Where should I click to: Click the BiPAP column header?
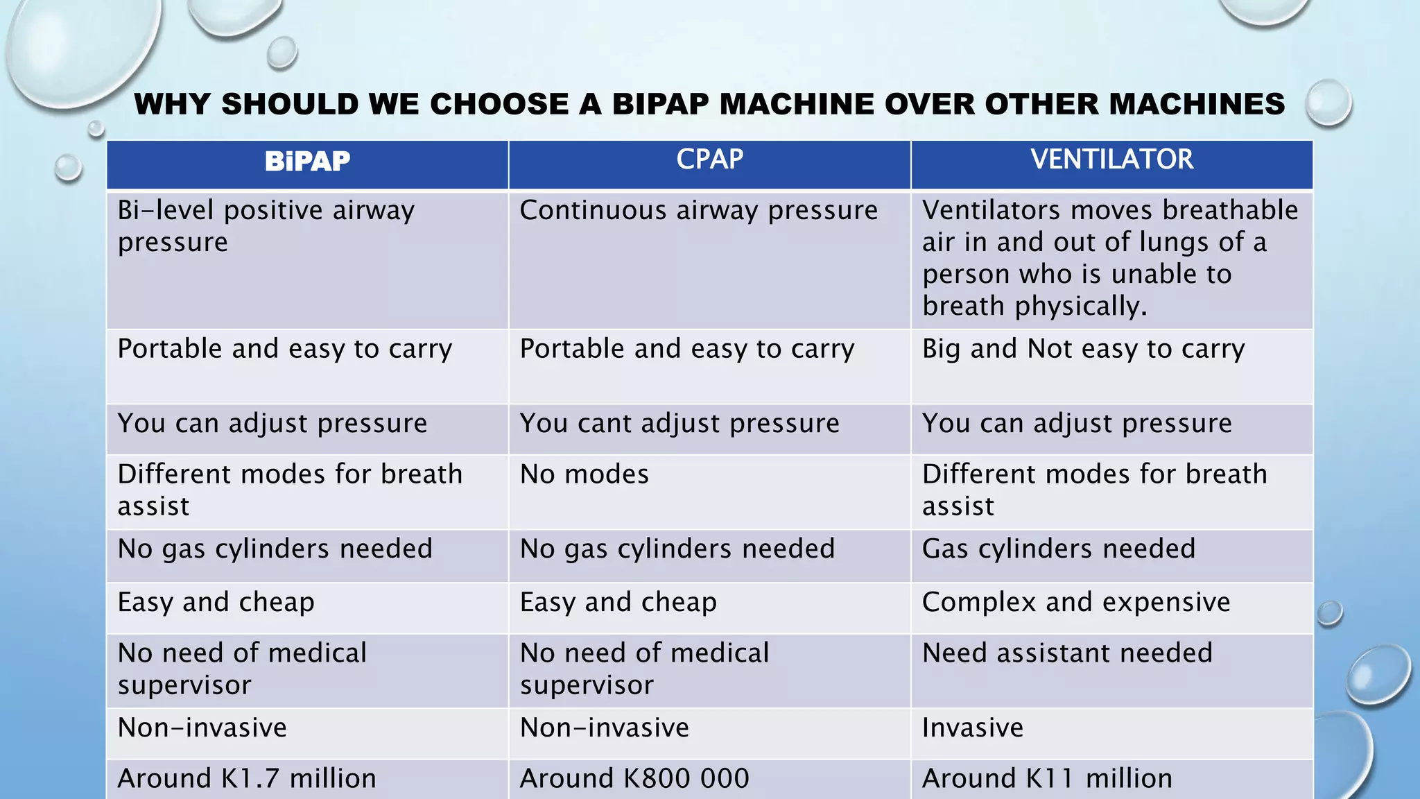(x=307, y=162)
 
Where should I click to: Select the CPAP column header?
(x=709, y=160)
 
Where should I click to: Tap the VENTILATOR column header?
(x=1111, y=160)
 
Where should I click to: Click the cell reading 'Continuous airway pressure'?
(x=698, y=211)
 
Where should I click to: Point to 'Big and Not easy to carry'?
(x=1083, y=349)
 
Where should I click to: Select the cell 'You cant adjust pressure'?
(x=679, y=424)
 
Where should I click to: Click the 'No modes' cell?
(x=585, y=475)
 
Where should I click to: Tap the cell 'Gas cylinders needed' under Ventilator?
(x=1059, y=549)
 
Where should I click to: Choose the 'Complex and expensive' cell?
(x=1076, y=603)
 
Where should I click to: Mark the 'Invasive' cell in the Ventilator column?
(x=972, y=728)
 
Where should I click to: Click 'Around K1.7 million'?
(x=247, y=779)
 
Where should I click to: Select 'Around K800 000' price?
(x=634, y=779)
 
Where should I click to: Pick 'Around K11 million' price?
(x=1047, y=779)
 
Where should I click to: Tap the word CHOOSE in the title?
(x=499, y=105)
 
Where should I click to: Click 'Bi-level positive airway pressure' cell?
(x=266, y=226)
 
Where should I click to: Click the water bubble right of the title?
(x=1328, y=103)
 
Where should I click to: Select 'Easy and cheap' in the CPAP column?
(x=618, y=603)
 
